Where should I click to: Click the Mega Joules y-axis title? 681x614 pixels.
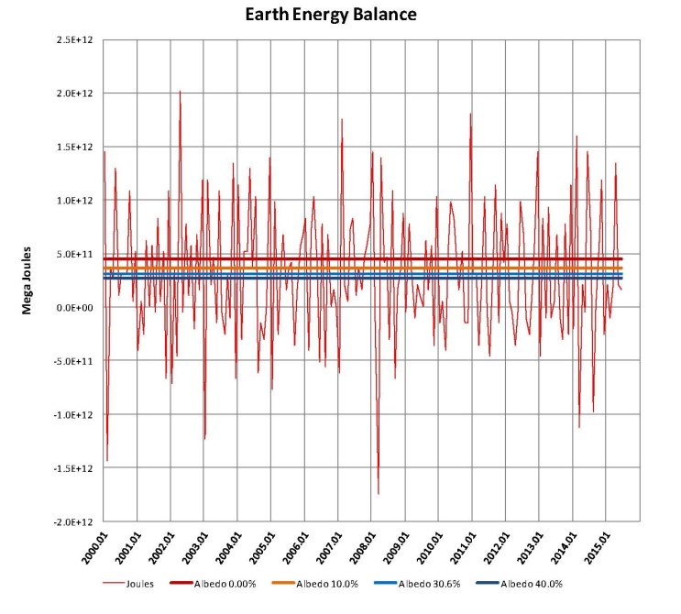click(27, 280)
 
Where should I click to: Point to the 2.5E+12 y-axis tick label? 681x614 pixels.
click(77, 40)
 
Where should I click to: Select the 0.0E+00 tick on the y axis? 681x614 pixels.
click(77, 308)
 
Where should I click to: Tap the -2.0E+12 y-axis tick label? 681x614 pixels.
click(76, 521)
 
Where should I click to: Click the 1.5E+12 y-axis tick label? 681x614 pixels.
click(77, 148)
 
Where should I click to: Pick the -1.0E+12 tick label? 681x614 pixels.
click(76, 415)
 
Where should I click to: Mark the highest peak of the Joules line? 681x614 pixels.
click(180, 92)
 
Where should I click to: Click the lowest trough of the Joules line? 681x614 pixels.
click(379, 494)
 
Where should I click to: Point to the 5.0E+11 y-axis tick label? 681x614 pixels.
click(77, 255)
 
